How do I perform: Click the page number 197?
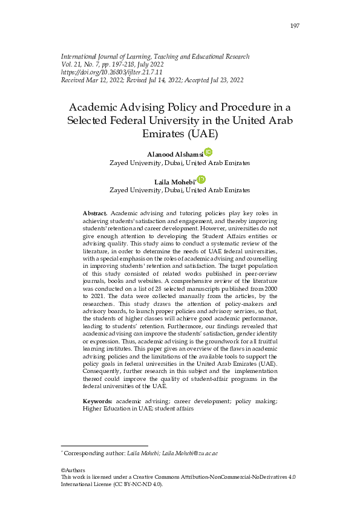tap(295, 25)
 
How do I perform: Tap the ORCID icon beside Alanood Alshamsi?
tap(208, 152)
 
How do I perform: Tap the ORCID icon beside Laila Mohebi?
tap(201, 180)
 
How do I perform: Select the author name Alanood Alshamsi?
tap(175, 155)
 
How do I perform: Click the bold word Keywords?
tap(97, 401)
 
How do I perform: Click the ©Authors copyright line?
tap(73, 470)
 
